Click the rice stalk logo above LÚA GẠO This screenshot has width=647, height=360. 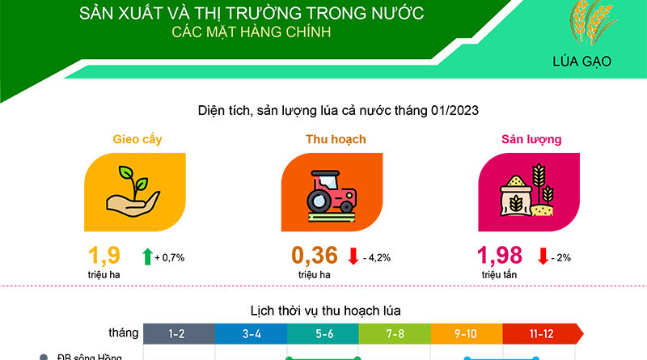592,23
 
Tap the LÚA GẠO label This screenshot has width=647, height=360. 581,61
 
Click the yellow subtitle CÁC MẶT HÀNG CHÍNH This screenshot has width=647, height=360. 252,32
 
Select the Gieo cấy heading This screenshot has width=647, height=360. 137,139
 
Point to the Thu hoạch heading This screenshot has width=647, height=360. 336,139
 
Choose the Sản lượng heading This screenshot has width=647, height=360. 531,139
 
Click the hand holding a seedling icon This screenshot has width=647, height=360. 133,191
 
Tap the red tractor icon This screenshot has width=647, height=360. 332,196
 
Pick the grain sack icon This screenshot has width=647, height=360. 527,190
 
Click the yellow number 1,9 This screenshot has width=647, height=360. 104,255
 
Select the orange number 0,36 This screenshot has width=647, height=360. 315,255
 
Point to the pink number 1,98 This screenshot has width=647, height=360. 500,255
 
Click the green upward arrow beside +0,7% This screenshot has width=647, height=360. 147,256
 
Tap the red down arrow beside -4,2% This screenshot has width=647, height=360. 353,256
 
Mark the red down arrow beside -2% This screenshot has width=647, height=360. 543,256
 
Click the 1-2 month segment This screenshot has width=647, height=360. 179,333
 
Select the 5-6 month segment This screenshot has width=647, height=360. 323,333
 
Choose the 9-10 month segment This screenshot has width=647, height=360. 467,333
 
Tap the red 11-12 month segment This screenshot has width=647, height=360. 543,333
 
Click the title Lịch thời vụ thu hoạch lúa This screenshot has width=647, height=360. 326,311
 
